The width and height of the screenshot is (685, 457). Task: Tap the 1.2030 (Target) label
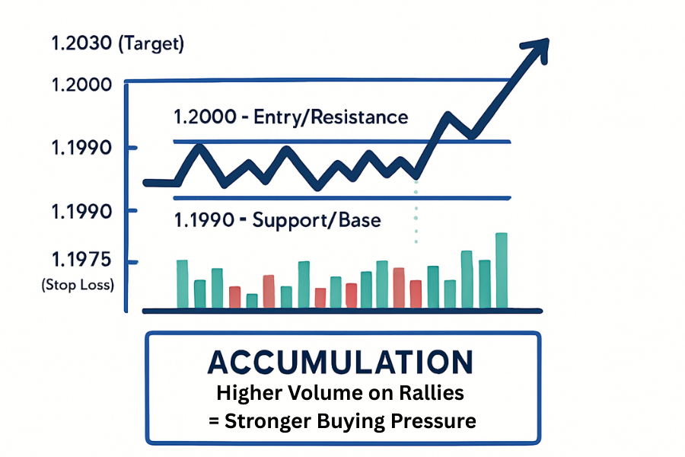[x=117, y=43]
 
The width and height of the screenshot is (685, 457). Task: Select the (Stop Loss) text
[x=78, y=286]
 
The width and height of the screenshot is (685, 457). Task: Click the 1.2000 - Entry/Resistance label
[x=291, y=117]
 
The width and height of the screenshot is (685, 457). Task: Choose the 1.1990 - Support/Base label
[x=277, y=221]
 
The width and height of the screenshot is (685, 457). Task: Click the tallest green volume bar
[x=502, y=270]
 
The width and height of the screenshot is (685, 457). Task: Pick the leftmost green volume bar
[x=182, y=284]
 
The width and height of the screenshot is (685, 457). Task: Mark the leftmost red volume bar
[x=234, y=297]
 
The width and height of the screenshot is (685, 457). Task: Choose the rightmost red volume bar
[x=416, y=294]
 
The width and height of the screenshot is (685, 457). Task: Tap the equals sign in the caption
[x=214, y=421]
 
